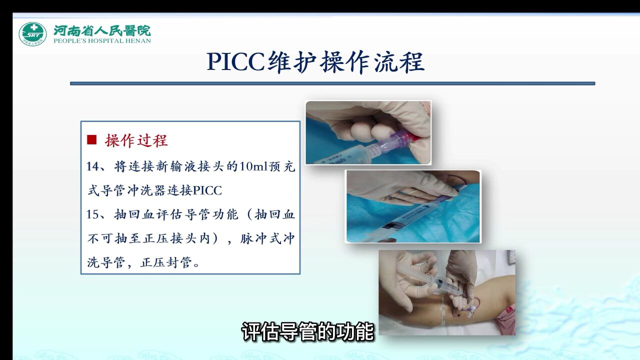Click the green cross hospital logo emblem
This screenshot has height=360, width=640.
[32, 34]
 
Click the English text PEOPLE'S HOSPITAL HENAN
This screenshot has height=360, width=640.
[102, 41]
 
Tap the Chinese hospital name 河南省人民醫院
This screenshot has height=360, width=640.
[102, 30]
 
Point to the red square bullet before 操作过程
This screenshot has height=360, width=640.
[91, 140]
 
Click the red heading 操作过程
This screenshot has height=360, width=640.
[136, 140]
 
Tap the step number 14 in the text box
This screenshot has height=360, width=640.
[93, 167]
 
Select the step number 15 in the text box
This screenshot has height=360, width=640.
[93, 214]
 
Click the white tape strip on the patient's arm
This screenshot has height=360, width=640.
[443, 312]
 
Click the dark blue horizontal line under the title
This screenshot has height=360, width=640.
[332, 83]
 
